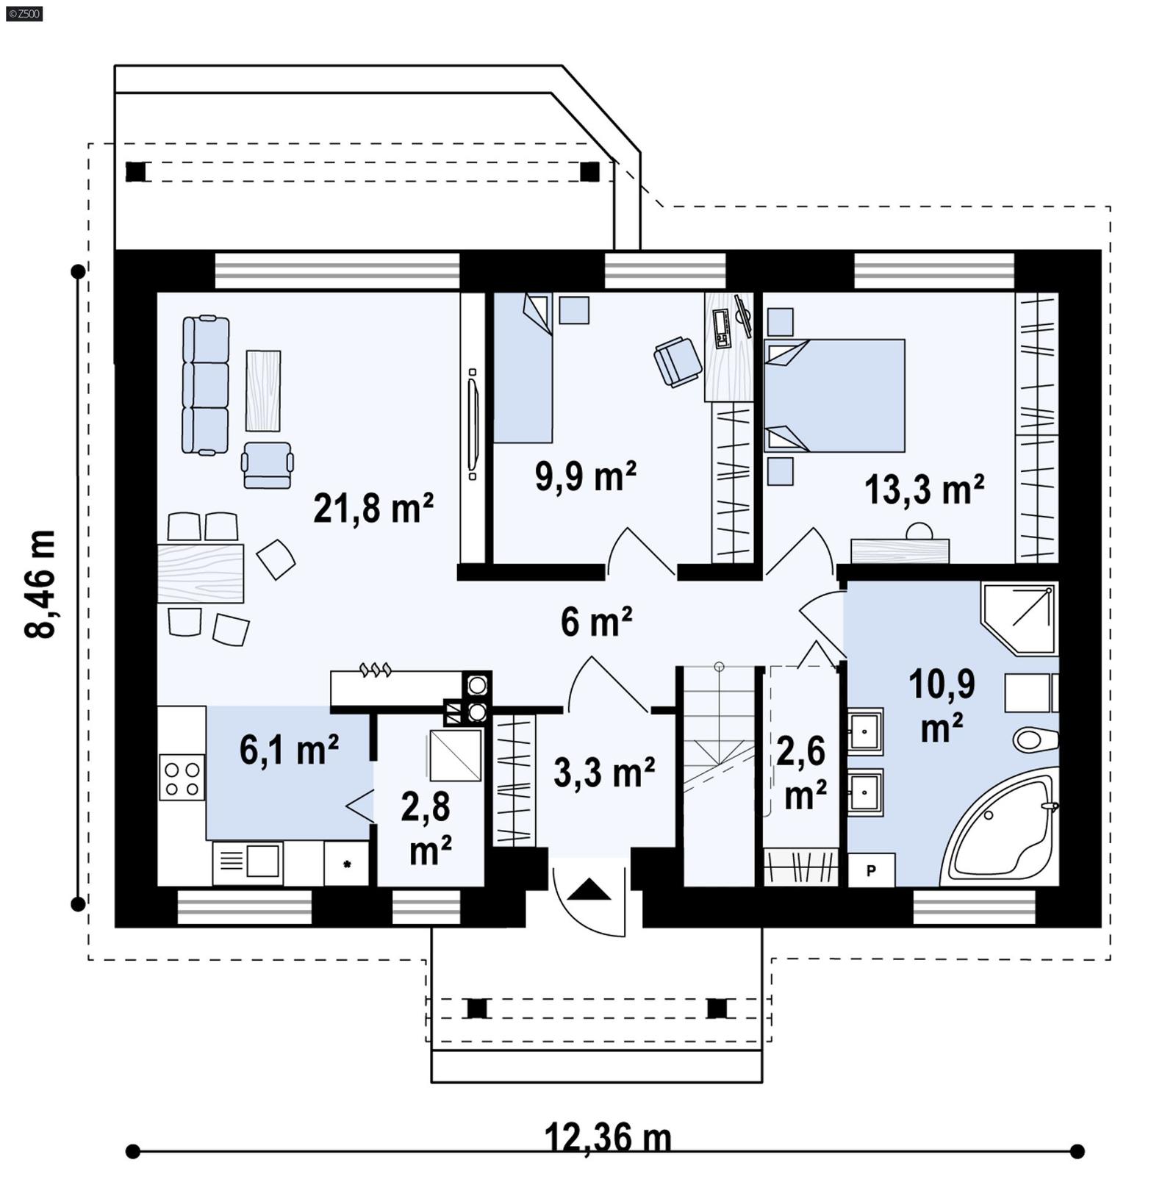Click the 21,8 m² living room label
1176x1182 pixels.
tap(373, 509)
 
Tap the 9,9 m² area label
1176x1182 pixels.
tap(585, 476)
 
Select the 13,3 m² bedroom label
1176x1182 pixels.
tap(924, 490)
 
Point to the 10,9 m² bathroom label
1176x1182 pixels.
tap(942, 706)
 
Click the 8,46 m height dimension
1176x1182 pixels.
tap(40, 584)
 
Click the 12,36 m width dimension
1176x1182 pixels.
tap(607, 1137)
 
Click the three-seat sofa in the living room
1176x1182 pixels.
tap(205, 385)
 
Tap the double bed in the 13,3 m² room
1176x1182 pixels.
tap(835, 395)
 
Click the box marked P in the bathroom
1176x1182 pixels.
tap(871, 871)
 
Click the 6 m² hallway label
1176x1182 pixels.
tap(596, 623)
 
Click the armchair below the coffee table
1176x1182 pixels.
tap(268, 465)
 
